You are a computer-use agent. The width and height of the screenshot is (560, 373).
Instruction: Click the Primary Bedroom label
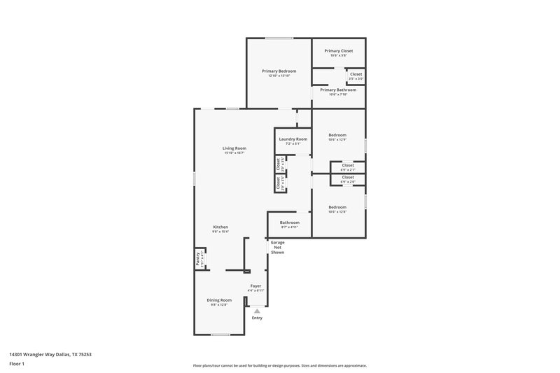pos(279,71)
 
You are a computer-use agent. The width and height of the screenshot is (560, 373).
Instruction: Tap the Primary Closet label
pos(338,50)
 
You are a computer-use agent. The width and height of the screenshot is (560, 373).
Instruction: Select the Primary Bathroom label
pos(338,90)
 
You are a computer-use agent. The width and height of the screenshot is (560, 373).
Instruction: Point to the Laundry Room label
pos(293,139)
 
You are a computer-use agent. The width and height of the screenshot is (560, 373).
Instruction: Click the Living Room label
pos(234,148)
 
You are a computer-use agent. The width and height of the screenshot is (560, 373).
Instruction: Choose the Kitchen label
pos(220,227)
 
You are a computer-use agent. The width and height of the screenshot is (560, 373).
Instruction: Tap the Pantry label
pos(198,259)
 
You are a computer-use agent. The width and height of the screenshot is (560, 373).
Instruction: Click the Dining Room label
pos(219,300)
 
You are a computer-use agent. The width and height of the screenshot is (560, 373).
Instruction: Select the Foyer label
pos(256,286)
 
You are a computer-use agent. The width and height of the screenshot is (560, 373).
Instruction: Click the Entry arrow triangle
pos(257,311)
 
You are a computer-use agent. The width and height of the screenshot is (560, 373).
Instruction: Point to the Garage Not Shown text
pos(278,247)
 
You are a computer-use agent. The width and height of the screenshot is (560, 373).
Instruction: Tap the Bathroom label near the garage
pos(290,223)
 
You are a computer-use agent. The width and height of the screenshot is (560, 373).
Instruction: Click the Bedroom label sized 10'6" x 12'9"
pos(337,135)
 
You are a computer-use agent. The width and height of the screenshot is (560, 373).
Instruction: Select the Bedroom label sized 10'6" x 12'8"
pos(337,207)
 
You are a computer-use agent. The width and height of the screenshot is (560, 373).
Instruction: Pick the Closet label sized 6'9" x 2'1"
pos(348,166)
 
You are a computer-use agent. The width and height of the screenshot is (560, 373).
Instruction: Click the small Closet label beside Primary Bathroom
pos(356,74)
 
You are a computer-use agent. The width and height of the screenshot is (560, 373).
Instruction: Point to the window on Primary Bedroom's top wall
pos(279,38)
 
